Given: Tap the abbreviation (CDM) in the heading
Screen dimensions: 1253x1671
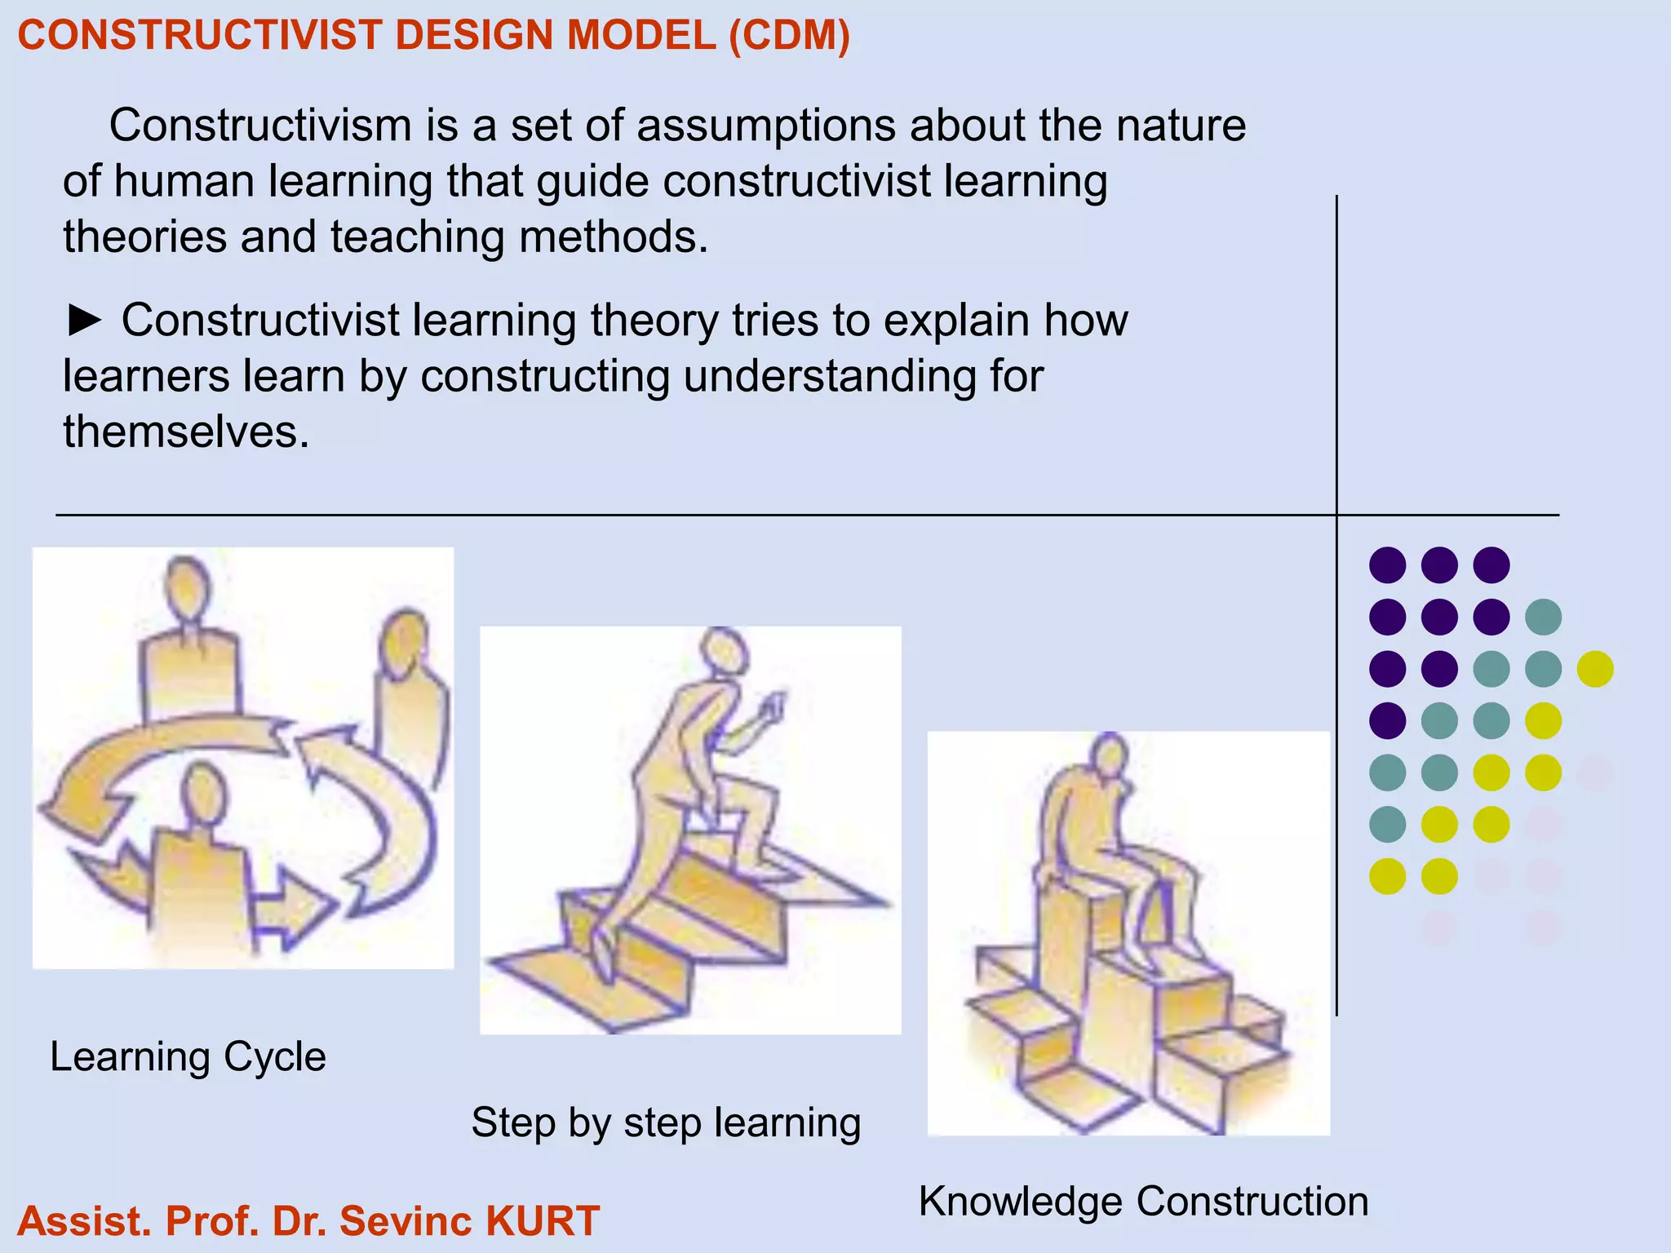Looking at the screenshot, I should pyautogui.click(x=789, y=36).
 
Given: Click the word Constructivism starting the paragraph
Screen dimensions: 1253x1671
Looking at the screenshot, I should pyautogui.click(x=260, y=126).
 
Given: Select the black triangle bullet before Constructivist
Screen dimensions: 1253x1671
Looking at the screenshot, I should pyautogui.click(x=84, y=321).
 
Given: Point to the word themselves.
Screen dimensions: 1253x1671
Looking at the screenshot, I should pyautogui.click(x=186, y=432).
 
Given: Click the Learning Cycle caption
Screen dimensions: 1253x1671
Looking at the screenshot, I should pyautogui.click(x=188, y=1057).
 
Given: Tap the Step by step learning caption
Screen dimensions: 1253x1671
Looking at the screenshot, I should pyautogui.click(x=666, y=1122).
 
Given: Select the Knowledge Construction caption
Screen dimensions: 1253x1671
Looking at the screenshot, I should pyautogui.click(x=1143, y=1202).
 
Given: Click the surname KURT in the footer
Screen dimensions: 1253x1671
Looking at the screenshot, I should pyautogui.click(x=543, y=1221).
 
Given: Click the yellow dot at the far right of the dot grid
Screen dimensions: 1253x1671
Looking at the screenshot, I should pyautogui.click(x=1595, y=669).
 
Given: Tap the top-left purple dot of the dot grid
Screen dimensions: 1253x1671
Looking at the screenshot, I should pyautogui.click(x=1387, y=565).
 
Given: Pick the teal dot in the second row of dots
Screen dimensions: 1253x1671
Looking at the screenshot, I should pyautogui.click(x=1543, y=617).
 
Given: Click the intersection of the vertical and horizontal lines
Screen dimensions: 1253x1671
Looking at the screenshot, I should pyautogui.click(x=1336, y=515).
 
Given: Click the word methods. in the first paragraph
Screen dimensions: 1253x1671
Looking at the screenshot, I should pyautogui.click(x=614, y=237).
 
